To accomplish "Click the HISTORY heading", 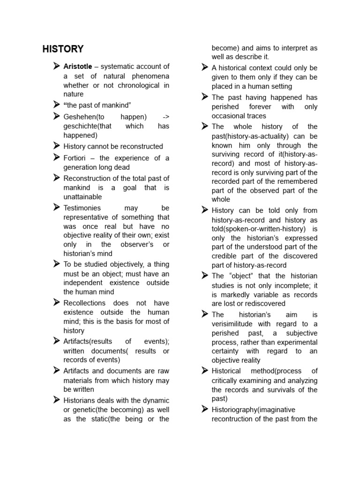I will click(x=63, y=49).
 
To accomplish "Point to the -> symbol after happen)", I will click(x=165, y=117).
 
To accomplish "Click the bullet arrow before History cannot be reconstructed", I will click(x=56, y=146).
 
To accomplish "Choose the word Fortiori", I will click(x=75, y=158).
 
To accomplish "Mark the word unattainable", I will click(x=82, y=197).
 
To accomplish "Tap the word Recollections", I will click(x=84, y=303).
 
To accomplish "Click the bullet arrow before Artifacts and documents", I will click(x=56, y=370).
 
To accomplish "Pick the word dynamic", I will click(x=156, y=400).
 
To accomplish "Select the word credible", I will click(x=226, y=256).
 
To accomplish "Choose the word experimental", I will click(x=296, y=342).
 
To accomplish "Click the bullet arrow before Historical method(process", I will click(x=204, y=370).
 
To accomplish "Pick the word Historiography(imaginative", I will click(x=247, y=410).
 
